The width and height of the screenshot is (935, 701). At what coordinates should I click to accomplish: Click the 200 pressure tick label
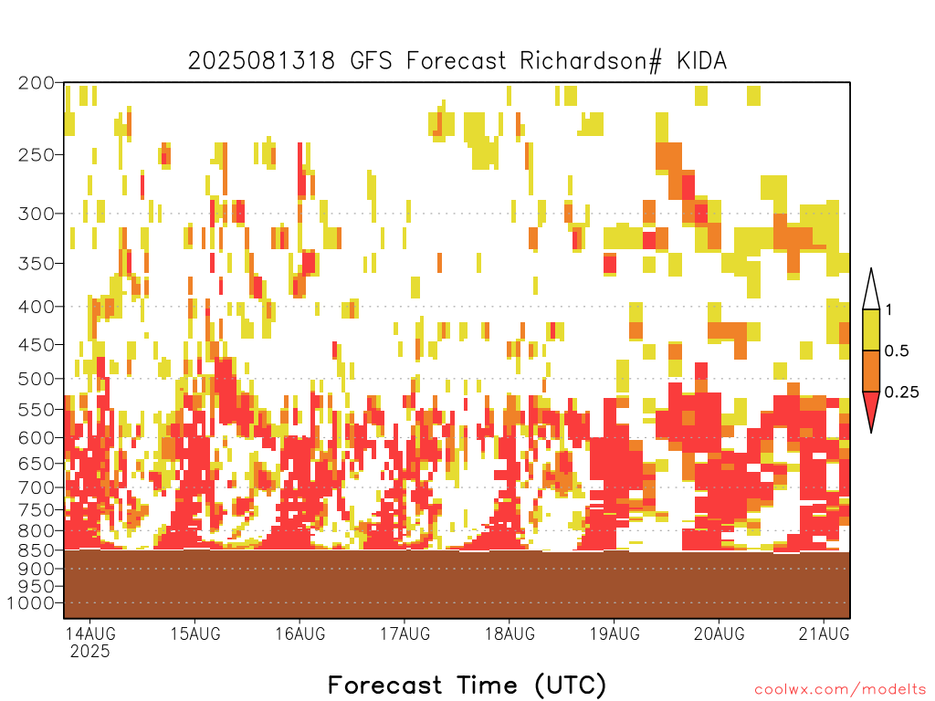(x=37, y=83)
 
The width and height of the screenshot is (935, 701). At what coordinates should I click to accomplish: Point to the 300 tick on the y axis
(x=37, y=214)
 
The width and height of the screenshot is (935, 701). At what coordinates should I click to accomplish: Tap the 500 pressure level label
(x=37, y=379)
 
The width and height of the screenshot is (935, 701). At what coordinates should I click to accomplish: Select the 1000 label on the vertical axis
(x=31, y=602)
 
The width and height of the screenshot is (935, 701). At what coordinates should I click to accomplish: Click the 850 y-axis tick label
(x=37, y=549)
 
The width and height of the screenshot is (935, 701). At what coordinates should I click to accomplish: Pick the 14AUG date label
(x=90, y=633)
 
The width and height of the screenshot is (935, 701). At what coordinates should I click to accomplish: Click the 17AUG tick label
(x=404, y=633)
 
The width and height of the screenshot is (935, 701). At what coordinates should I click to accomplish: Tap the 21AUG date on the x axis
(x=825, y=633)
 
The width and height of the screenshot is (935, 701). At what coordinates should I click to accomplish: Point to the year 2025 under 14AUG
(x=90, y=651)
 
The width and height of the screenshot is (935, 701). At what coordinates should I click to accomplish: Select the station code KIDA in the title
(x=702, y=61)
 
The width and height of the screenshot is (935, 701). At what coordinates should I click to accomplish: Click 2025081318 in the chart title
(x=261, y=61)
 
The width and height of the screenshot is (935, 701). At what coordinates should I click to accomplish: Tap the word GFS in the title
(x=371, y=61)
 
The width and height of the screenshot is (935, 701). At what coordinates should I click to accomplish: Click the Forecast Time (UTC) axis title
(x=467, y=685)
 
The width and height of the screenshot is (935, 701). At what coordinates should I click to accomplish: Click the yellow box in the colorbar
(x=871, y=330)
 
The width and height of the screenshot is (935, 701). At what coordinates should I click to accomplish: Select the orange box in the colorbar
(x=871, y=371)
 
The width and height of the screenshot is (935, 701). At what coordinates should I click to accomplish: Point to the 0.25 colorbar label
(x=901, y=392)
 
